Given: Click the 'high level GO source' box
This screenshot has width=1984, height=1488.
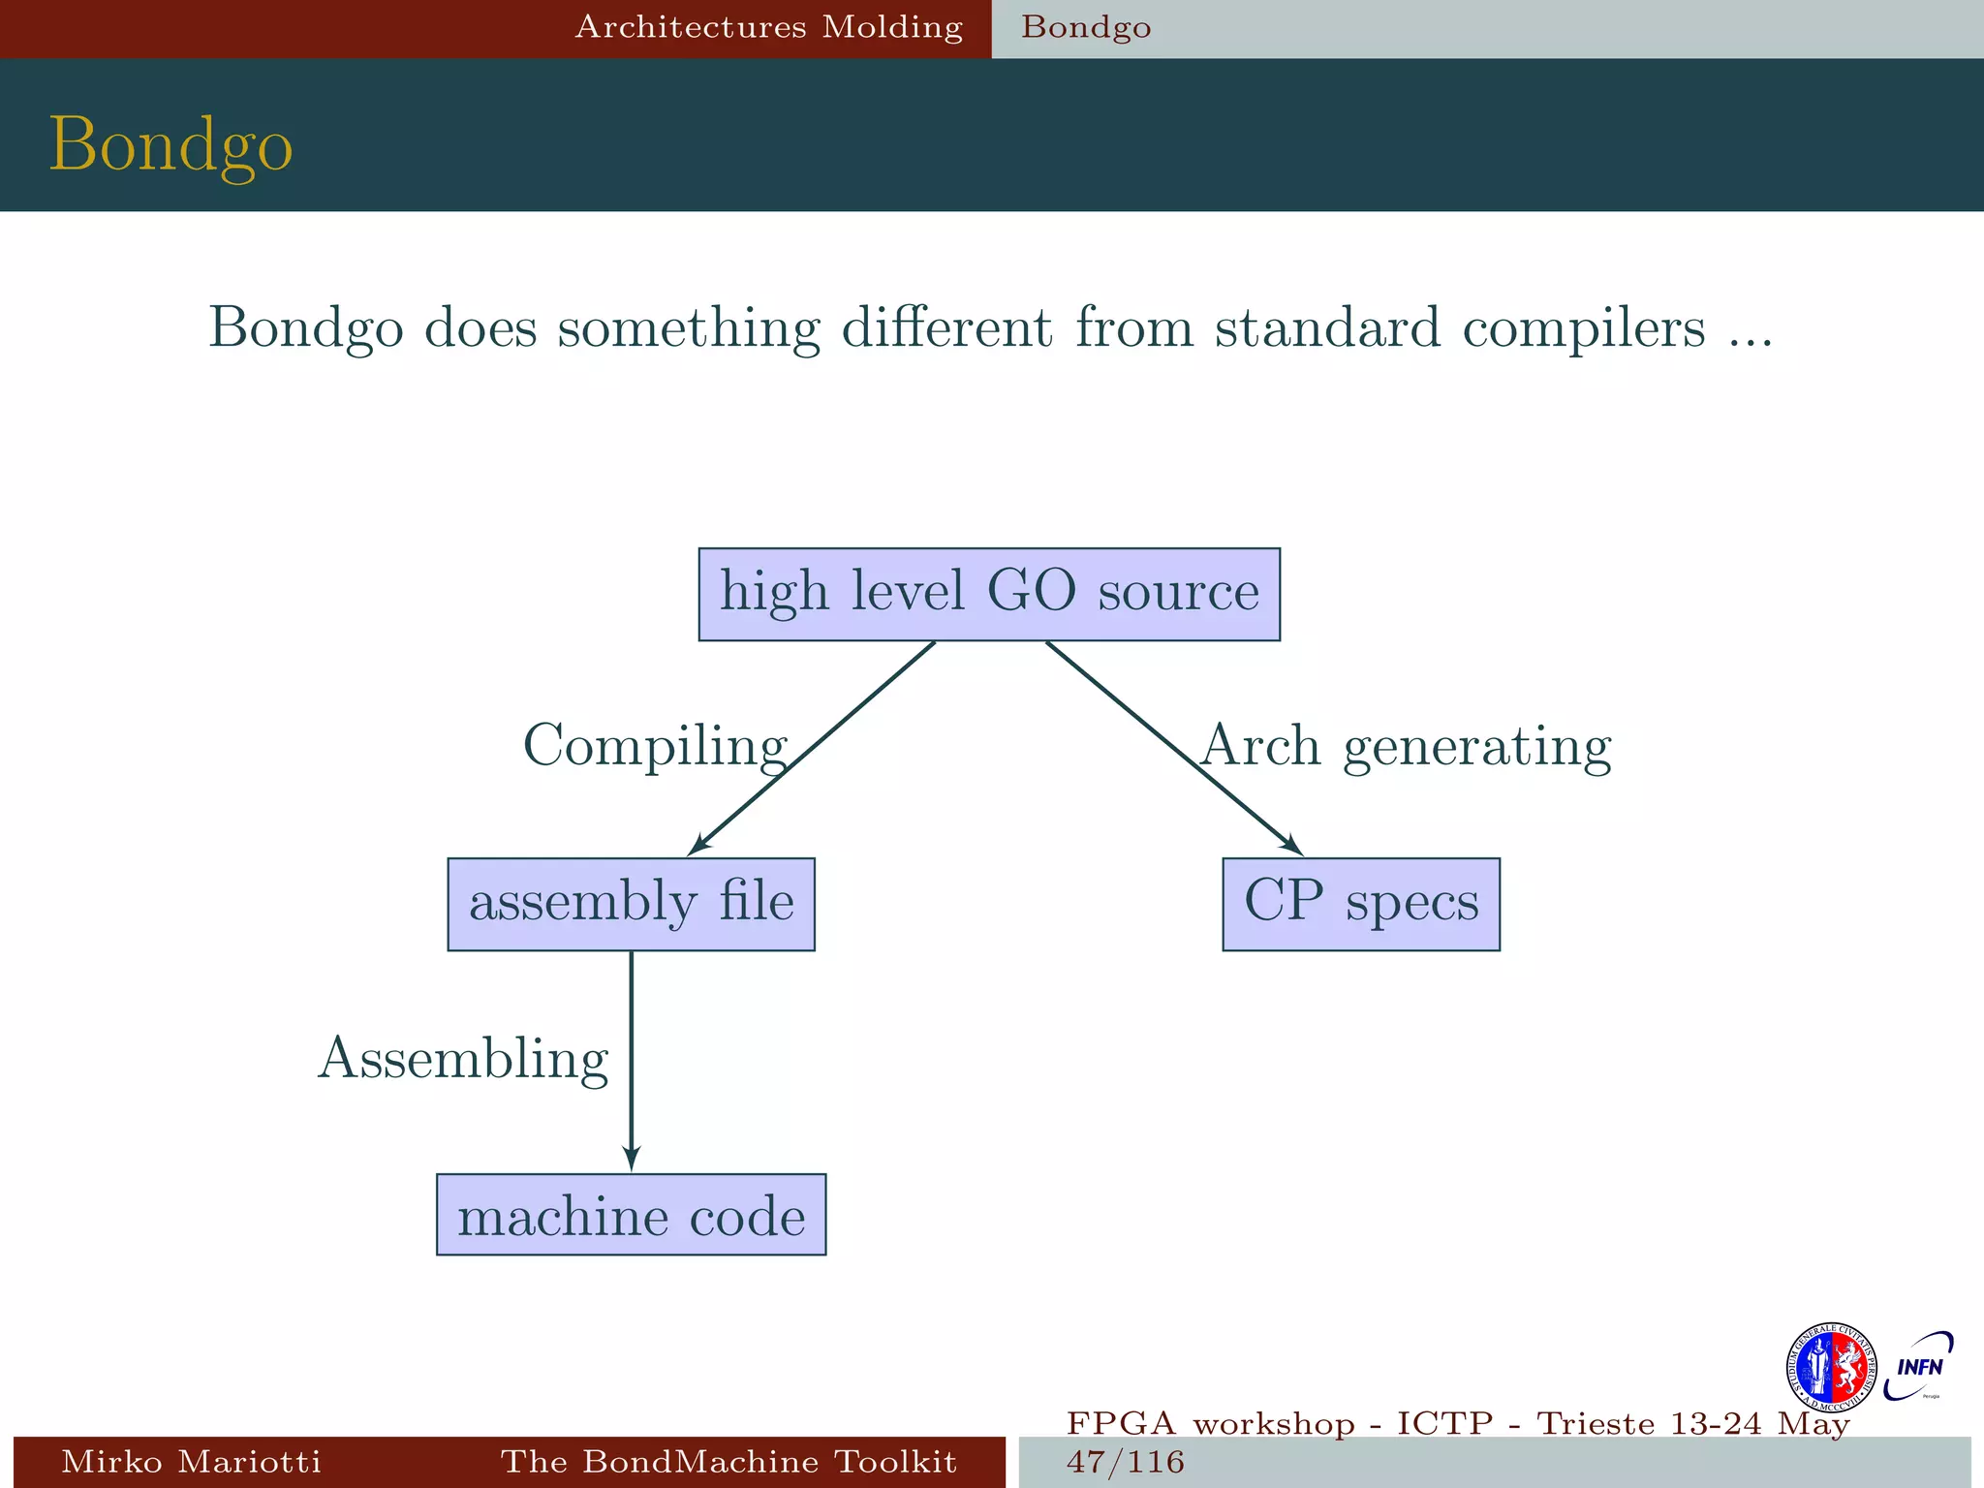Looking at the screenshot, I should click(989, 594).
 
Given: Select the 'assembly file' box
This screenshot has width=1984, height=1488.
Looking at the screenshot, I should click(631, 904).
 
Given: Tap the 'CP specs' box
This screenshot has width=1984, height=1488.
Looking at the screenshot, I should click(1360, 904).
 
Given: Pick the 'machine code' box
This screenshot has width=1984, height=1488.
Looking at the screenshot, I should click(631, 1215).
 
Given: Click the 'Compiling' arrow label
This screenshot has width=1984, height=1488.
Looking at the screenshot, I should click(655, 747).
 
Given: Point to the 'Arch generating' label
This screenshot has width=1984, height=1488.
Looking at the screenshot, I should click(1406, 747).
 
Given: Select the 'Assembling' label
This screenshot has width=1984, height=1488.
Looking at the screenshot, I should click(463, 1059).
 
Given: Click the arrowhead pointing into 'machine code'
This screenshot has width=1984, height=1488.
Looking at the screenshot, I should click(632, 1159).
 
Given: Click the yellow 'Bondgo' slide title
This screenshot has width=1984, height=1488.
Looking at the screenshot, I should click(170, 144).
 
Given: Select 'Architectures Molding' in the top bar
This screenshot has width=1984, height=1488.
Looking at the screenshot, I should click(769, 27).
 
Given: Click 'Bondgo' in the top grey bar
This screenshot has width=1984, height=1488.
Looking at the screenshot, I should click(1086, 27).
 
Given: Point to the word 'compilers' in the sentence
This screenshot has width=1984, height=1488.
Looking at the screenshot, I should click(1583, 328).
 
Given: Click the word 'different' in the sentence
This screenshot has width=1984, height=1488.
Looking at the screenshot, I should click(946, 328).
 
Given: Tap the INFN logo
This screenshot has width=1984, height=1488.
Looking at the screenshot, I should click(1918, 1367).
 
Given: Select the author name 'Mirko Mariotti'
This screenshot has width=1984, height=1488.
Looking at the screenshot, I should click(191, 1461).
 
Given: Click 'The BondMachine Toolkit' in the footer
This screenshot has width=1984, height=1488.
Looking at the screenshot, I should click(728, 1461).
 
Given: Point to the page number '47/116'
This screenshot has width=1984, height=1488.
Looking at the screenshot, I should click(1125, 1461).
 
